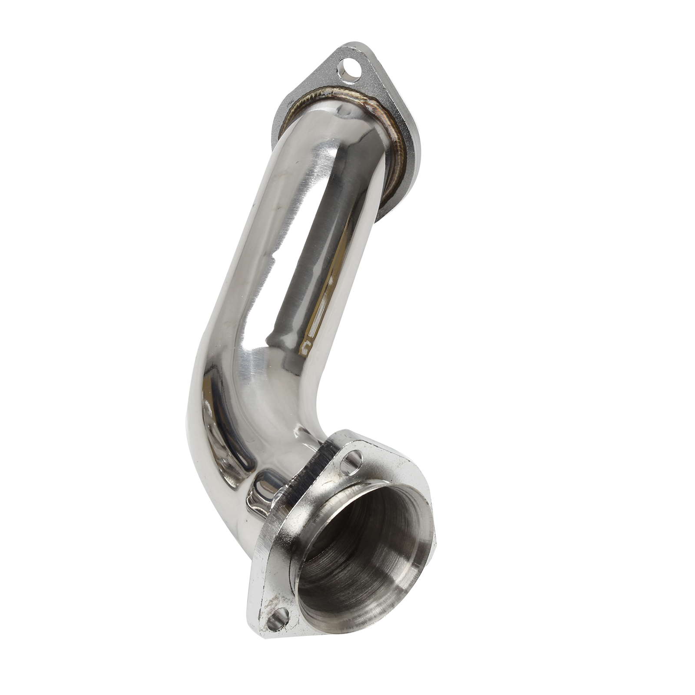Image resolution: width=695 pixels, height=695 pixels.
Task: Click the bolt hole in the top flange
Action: tap(351, 69)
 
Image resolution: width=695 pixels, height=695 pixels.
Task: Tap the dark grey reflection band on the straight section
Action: tap(304, 261)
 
